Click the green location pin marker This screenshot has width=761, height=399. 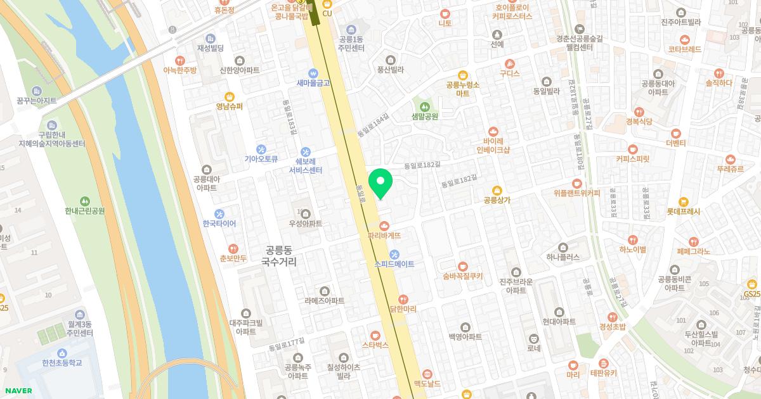(380, 183)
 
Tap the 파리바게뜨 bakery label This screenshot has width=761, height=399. (384, 236)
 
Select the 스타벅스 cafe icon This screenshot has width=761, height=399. (375, 335)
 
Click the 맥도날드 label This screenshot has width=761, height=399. (427, 384)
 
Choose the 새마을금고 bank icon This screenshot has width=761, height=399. (312, 73)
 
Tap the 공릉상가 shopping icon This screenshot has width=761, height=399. (497, 190)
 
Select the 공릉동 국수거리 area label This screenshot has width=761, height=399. (278, 256)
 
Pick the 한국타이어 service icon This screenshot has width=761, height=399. (219, 214)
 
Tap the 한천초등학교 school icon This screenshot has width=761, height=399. (62, 353)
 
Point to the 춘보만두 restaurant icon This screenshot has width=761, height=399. (233, 249)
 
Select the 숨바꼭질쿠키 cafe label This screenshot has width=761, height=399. (463, 276)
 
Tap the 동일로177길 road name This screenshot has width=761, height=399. (287, 345)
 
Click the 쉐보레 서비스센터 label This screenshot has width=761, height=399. (306, 166)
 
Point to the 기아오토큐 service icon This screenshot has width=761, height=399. (261, 149)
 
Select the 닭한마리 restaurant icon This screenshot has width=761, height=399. (403, 299)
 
